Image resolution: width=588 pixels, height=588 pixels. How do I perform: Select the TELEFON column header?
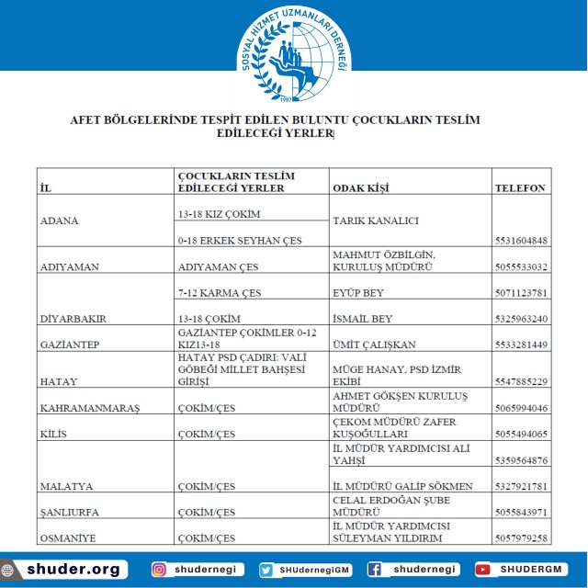pyautogui.click(x=521, y=187)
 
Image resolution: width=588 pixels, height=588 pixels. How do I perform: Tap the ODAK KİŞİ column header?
pyautogui.click(x=360, y=187)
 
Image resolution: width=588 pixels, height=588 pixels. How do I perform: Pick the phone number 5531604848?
pyautogui.click(x=521, y=241)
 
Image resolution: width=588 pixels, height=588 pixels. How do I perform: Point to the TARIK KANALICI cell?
pyautogui.click(x=376, y=220)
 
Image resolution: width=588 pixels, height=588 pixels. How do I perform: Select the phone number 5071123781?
pyautogui.click(x=521, y=293)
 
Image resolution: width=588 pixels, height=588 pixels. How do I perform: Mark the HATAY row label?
pyautogui.click(x=59, y=381)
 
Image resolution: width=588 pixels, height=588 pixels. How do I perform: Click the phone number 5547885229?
pyautogui.click(x=521, y=381)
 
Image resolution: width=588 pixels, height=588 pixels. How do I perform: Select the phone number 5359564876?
pyautogui.click(x=521, y=460)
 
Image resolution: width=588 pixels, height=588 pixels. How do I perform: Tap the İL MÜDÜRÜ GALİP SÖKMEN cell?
pyautogui.click(x=402, y=486)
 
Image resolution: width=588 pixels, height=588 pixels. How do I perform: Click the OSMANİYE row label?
pyautogui.click(x=70, y=537)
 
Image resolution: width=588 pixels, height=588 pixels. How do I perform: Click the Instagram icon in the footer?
pyautogui.click(x=159, y=570)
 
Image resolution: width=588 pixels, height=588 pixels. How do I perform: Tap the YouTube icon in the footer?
pyautogui.click(x=483, y=570)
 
